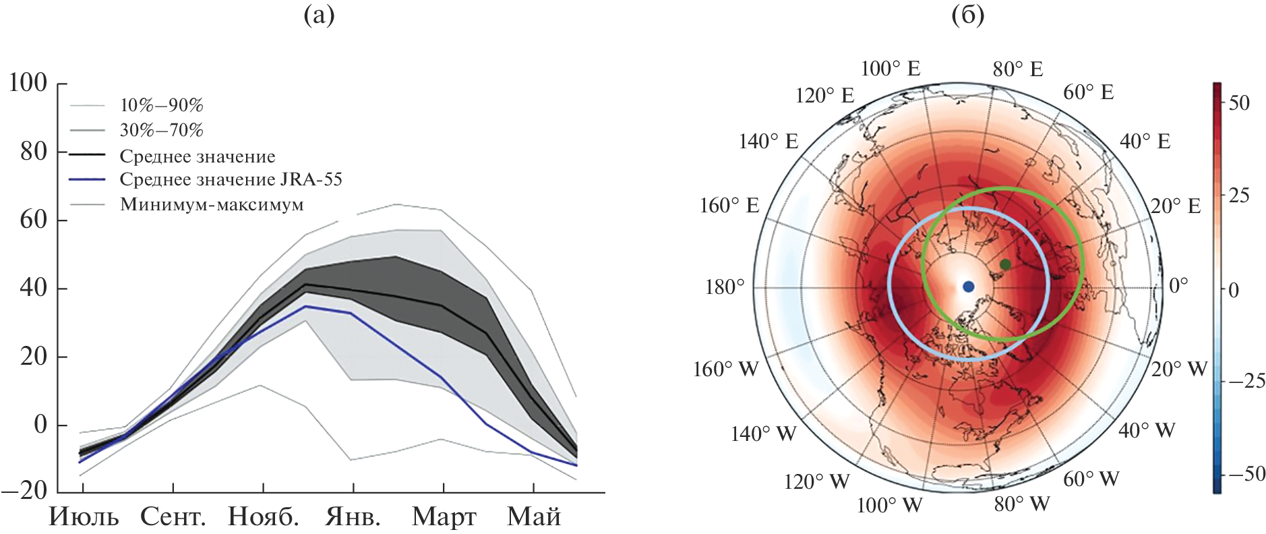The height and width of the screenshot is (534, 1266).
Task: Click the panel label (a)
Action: [x=319, y=15]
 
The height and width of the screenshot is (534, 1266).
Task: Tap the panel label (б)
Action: [x=968, y=15]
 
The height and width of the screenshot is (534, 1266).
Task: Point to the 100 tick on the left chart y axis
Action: [x=28, y=83]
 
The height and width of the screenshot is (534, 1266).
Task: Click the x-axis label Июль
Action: [x=84, y=516]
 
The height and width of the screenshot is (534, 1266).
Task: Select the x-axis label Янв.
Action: [x=353, y=516]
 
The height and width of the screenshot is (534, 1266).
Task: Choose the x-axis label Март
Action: [x=444, y=516]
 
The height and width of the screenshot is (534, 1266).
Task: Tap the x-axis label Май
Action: [x=534, y=516]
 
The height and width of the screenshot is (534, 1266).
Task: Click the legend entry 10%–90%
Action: [x=161, y=105]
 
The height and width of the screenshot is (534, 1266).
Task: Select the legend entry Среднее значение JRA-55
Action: [x=231, y=179]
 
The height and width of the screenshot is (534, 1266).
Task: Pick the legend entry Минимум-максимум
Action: [x=212, y=204]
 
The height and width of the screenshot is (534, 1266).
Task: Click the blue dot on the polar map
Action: [x=969, y=287]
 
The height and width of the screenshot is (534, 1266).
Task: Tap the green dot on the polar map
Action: [x=1005, y=264]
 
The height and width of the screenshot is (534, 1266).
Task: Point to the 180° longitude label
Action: [x=725, y=287]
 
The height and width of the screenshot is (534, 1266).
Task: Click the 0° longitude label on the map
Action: [x=1178, y=285]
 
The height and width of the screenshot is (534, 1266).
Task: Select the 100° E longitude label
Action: [x=891, y=69]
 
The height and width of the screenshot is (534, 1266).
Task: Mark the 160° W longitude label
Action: [x=726, y=369]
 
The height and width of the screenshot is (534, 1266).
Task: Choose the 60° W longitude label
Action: [x=1091, y=479]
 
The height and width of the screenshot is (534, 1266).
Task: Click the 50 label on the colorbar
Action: [x=1239, y=103]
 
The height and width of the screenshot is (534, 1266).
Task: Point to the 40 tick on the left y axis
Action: [x=33, y=288]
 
